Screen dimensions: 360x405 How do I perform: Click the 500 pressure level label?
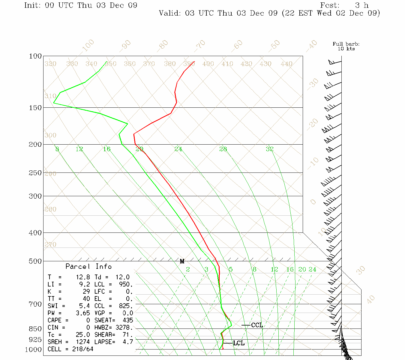coord(35,261)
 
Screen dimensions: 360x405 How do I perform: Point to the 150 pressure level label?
coord(35,107)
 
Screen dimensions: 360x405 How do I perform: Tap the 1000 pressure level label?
coord(33,349)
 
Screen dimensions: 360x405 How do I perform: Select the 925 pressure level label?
coord(35,340)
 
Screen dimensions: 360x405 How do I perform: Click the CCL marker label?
coord(257,325)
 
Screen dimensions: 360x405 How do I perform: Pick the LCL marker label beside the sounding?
coord(239,343)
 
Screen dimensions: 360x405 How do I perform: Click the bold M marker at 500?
coord(182,261)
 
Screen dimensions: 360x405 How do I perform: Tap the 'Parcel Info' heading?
coord(88,266)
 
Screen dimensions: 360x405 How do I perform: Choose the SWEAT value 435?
coord(127,320)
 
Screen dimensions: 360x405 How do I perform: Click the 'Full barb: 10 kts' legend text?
coord(346,46)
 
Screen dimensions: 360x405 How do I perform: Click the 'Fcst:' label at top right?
coord(330,5)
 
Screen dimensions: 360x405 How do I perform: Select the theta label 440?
coord(286,64)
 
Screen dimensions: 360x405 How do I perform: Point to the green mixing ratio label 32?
coord(269,149)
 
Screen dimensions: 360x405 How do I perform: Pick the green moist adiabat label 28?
coord(223,149)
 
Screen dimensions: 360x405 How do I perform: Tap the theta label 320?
coord(50,64)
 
